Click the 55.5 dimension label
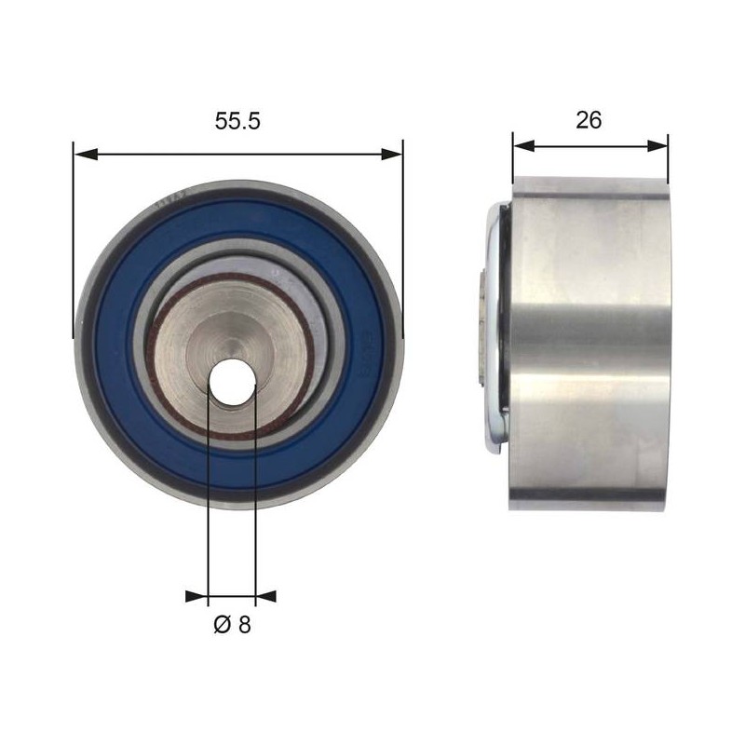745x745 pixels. tap(237, 121)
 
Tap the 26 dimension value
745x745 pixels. tap(589, 120)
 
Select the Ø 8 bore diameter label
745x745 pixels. tap(232, 624)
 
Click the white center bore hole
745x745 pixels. tap(232, 382)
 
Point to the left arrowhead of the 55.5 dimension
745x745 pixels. tap(86, 154)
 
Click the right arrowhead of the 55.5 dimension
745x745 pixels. tap(391, 154)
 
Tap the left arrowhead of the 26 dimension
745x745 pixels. tap(524, 146)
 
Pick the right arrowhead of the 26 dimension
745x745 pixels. tap(657, 146)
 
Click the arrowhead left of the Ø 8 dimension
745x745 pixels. tap(196, 596)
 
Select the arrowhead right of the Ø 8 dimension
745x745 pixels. tap(265, 596)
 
